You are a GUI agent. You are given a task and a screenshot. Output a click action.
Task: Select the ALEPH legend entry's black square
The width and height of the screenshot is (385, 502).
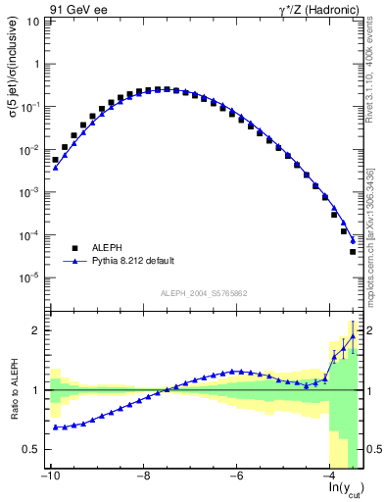point(75,248)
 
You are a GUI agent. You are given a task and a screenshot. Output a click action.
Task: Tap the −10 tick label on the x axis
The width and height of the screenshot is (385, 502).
point(49,477)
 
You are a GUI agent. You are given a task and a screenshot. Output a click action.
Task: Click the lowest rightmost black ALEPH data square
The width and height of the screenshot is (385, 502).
point(353,252)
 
